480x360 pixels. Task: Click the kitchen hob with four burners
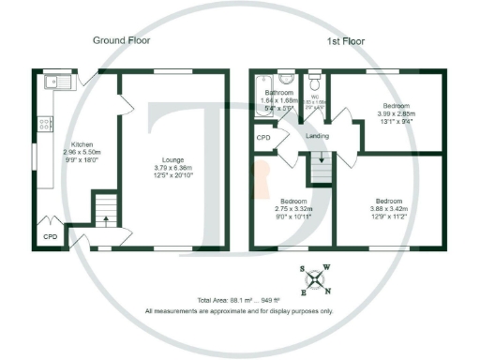43,124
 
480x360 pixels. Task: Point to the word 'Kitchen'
75,144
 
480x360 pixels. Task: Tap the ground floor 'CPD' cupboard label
50,238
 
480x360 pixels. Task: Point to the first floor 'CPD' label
263,137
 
